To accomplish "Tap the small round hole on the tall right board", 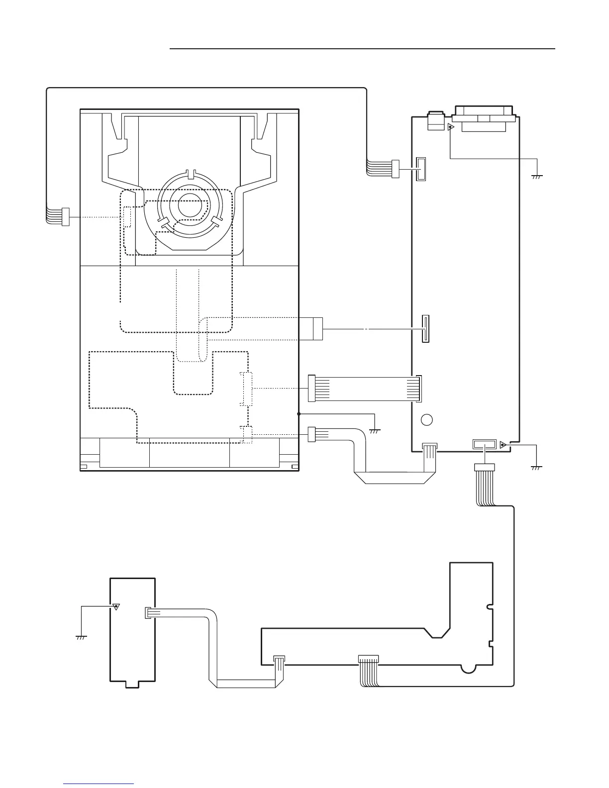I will tap(426, 419).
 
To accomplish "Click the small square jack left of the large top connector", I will tap(436, 121).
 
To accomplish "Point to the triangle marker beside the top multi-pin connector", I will tap(451, 127).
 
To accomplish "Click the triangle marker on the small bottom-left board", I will tap(116, 606).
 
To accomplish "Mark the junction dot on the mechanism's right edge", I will tap(299, 413).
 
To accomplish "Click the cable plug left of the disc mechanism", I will tap(65, 217).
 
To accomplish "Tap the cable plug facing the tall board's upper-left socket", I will tap(396, 169).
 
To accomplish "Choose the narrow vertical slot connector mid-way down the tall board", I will tap(425, 328).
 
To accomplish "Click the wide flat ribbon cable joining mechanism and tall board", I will tap(365, 388).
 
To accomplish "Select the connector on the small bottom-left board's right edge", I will tap(147, 613).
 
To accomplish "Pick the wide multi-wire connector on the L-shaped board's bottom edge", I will tap(368, 659).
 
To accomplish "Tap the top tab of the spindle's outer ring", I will tap(190, 174).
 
